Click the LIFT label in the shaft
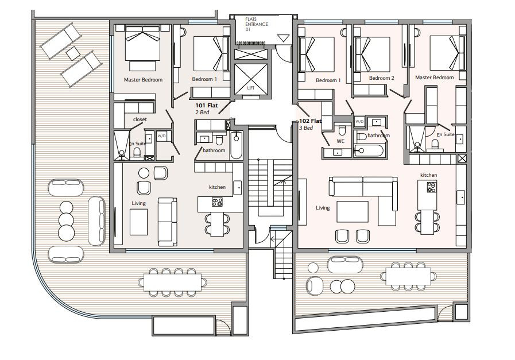tap(250, 88)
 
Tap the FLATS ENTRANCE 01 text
tap(257, 24)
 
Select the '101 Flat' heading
tap(207, 106)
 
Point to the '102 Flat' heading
tap(310, 121)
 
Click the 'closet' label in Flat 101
tap(140, 119)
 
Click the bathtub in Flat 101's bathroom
tap(236, 145)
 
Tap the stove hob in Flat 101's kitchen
tap(217, 202)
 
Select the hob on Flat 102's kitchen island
tap(432, 187)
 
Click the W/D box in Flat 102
tap(359, 122)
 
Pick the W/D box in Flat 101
tap(161, 136)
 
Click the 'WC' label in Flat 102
tap(340, 141)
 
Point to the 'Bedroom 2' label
tap(381, 78)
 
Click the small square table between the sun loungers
tap(73, 53)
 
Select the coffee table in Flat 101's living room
tap(138, 222)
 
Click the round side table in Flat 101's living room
tap(144, 173)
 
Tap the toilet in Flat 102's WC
tap(342, 130)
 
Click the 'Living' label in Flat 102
tap(323, 208)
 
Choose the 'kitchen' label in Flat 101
tap(218, 187)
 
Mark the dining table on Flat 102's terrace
tap(408, 276)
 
